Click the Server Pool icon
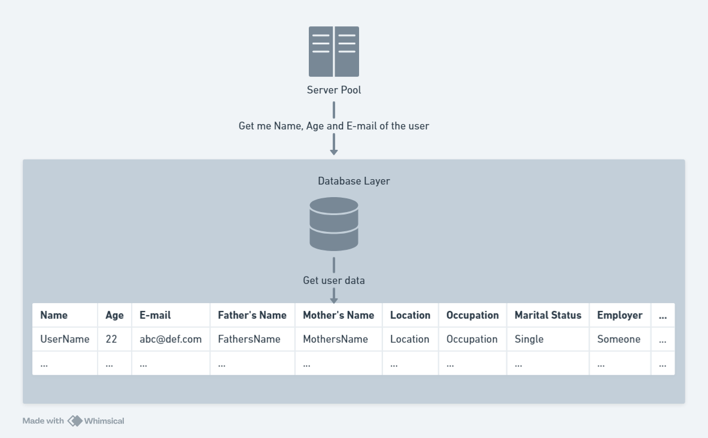coord(334,52)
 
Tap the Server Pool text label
coord(334,90)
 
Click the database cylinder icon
coord(334,223)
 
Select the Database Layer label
coord(354,181)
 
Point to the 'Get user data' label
coord(334,280)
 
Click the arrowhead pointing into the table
coord(334,300)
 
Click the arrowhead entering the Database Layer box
coord(334,152)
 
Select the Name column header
coord(54,315)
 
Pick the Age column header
coord(114,315)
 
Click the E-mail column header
coord(155,315)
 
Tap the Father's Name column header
coord(252,315)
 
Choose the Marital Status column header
coord(548,315)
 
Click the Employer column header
coord(619,315)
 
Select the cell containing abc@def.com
coord(171,339)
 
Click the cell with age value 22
coord(112,339)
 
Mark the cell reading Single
coord(529,339)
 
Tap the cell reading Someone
coord(619,339)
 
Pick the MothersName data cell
coord(335,339)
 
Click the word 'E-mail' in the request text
coord(361,126)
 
